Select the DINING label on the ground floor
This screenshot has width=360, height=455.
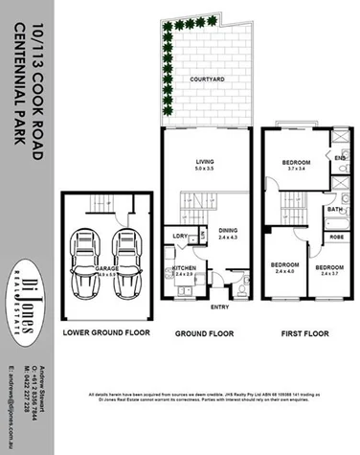pyautogui.click(x=227, y=230)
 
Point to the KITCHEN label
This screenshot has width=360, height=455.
pyautogui.click(x=184, y=268)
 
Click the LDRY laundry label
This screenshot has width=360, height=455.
pyautogui.click(x=179, y=235)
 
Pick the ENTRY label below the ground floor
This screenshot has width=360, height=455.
pyautogui.click(x=220, y=307)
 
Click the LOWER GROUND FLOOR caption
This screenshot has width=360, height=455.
pyautogui.click(x=106, y=334)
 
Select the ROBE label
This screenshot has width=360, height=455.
pyautogui.click(x=336, y=235)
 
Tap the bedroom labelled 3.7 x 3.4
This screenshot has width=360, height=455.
pyautogui.click(x=298, y=167)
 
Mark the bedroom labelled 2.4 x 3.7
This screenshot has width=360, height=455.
pyautogui.click(x=329, y=269)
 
